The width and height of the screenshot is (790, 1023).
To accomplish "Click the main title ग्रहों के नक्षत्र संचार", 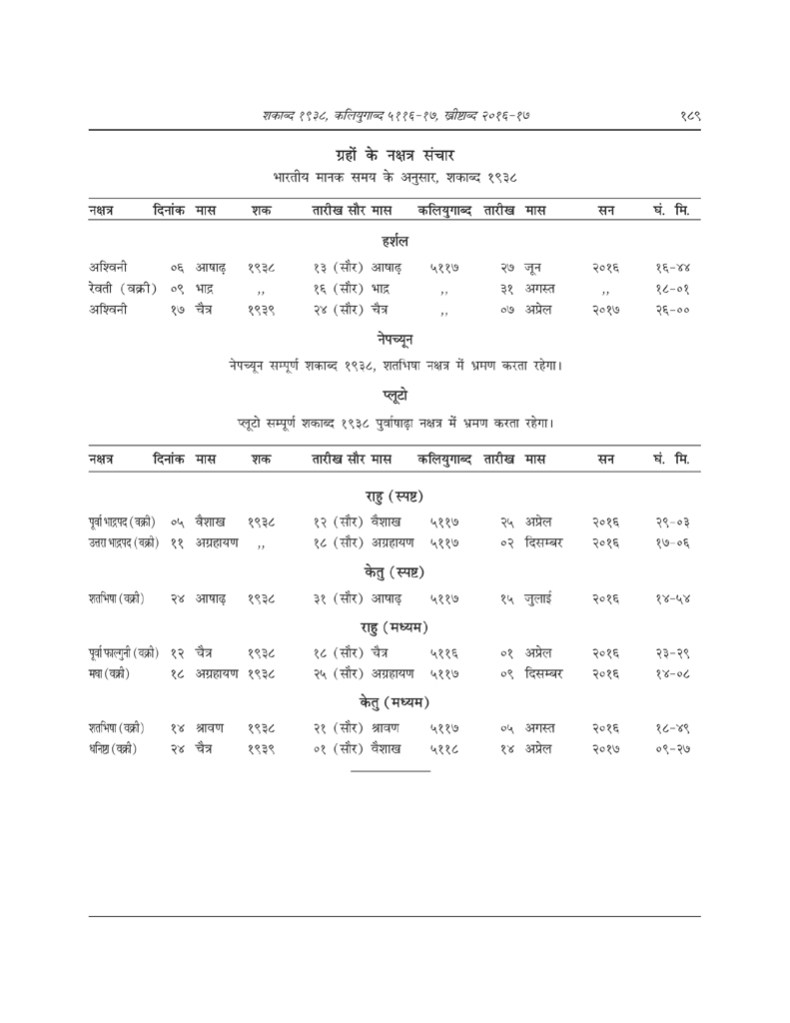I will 395,154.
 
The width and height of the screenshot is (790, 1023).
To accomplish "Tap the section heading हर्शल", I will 395,240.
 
